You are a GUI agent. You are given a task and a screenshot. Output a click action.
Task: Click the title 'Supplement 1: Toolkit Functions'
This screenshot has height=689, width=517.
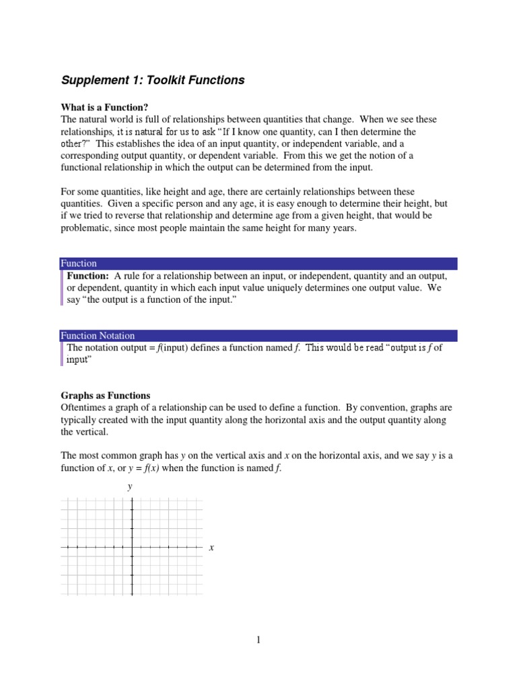[153, 80]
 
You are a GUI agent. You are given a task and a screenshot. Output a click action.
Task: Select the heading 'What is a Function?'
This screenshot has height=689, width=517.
[104, 107]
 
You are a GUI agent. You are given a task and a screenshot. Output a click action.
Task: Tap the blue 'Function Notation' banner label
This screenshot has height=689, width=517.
[98, 335]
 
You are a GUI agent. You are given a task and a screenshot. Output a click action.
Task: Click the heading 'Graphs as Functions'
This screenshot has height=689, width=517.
[105, 396]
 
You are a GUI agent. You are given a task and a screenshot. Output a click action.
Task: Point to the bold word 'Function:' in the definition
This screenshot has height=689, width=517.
[88, 276]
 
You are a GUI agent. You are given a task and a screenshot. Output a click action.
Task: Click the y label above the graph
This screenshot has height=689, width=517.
[130, 486]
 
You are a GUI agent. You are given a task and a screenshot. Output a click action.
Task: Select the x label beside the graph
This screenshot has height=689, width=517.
[211, 548]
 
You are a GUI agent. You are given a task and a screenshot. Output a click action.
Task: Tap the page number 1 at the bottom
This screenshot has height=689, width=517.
[258, 640]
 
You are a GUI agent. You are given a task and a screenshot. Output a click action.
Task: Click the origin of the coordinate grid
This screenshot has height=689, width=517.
[132, 547]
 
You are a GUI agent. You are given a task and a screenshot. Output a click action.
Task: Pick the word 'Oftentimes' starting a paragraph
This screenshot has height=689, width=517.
[83, 408]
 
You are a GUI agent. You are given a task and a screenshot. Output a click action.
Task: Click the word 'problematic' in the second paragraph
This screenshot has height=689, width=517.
[85, 227]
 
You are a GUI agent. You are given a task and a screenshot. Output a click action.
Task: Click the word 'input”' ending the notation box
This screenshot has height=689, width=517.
[79, 360]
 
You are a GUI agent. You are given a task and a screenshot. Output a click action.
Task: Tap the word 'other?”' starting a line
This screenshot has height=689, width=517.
[77, 144]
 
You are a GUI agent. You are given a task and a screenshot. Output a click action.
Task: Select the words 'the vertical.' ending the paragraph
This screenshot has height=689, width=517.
[84, 432]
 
